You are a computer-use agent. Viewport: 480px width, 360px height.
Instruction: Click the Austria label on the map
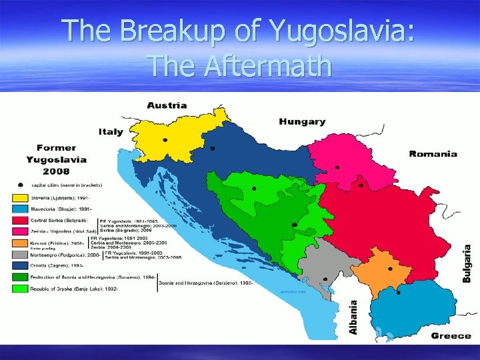(x=167, y=105)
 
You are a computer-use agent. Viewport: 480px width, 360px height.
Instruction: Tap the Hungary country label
(x=302, y=122)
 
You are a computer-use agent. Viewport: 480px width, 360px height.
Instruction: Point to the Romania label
(x=433, y=154)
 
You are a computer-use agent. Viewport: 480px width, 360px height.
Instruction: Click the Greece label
(x=451, y=335)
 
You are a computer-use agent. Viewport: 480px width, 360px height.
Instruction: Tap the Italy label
(x=111, y=131)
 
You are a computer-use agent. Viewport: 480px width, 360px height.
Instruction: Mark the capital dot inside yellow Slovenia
(x=165, y=140)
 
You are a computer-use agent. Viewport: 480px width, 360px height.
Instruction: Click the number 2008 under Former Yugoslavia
(x=57, y=171)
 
